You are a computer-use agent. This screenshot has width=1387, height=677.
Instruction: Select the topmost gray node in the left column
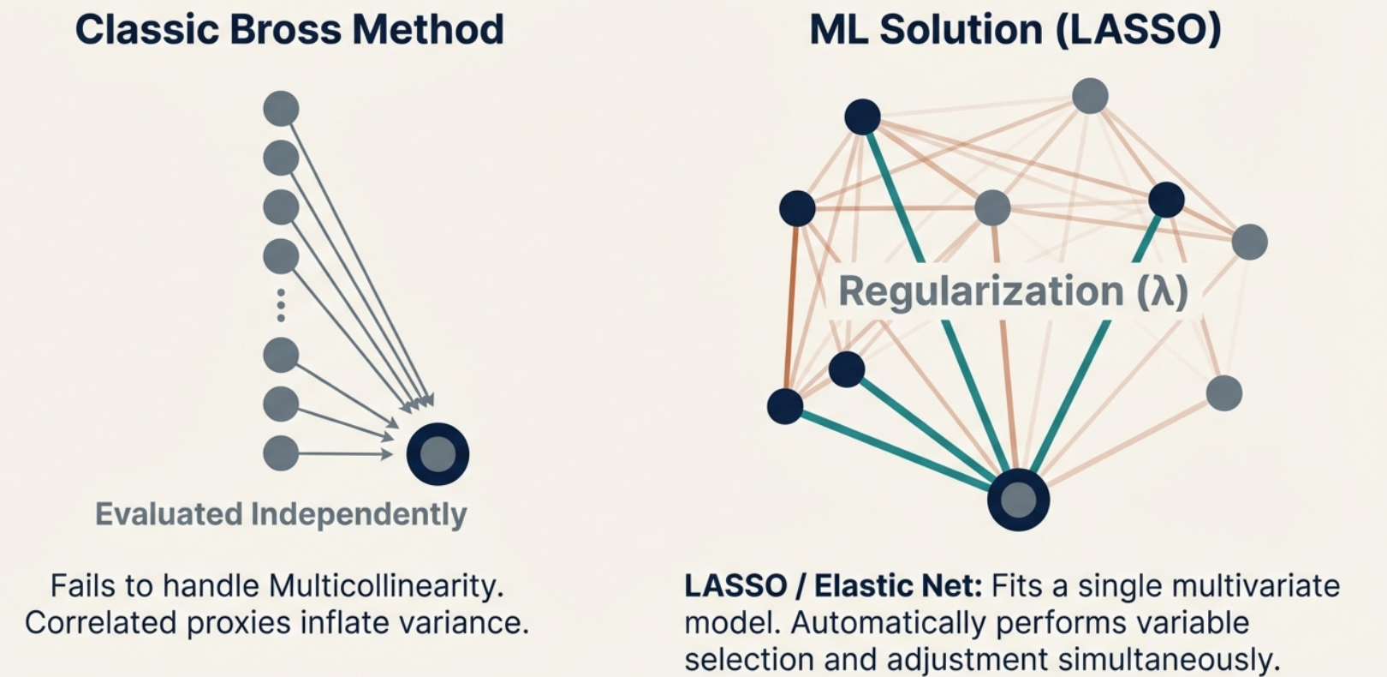[281, 109]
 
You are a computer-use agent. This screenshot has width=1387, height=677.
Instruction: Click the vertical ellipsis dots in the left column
[281, 305]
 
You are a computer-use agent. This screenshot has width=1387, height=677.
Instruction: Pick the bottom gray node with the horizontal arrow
[281, 453]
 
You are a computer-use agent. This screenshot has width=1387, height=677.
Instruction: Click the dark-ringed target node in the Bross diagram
[438, 454]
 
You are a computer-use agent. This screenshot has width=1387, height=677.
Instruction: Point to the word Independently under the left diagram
[358, 514]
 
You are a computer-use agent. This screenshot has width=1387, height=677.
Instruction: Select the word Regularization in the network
[980, 291]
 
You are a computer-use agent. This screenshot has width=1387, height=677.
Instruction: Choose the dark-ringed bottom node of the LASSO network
[1018, 500]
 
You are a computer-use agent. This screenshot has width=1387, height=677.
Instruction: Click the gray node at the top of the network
[1090, 96]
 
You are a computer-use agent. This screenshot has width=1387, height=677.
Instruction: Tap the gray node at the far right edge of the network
[1249, 242]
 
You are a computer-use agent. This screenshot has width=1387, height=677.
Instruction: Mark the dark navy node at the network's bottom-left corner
[785, 406]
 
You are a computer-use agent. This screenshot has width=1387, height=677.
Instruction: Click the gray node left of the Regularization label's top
[992, 207]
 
